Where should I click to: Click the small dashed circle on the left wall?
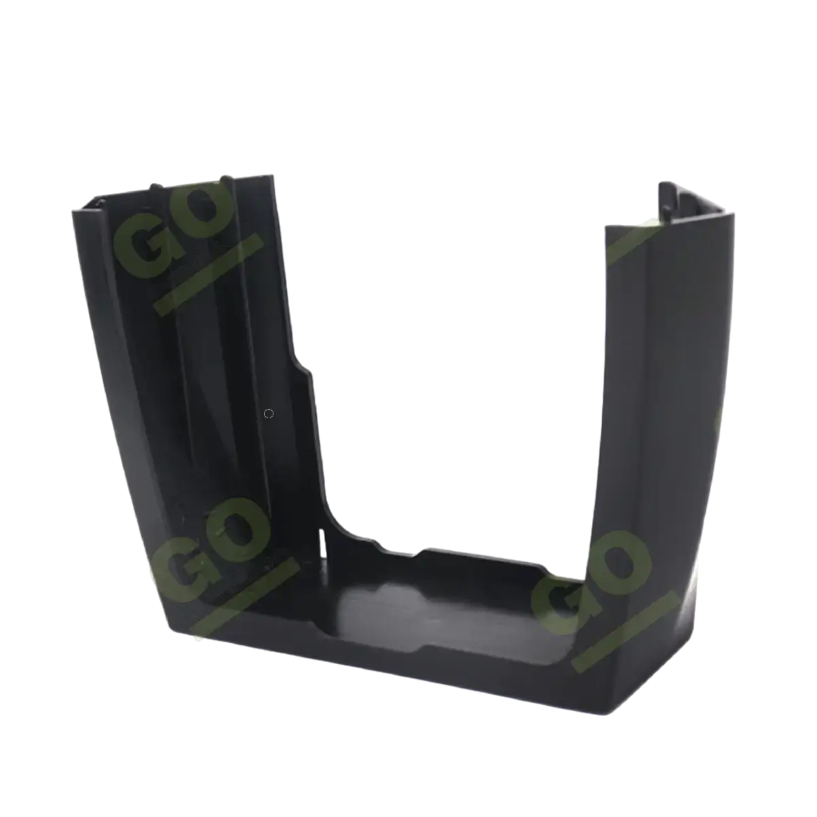268,413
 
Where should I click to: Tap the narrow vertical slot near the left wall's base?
324,541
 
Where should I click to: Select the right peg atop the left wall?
227,178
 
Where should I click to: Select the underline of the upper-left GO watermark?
208,273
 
